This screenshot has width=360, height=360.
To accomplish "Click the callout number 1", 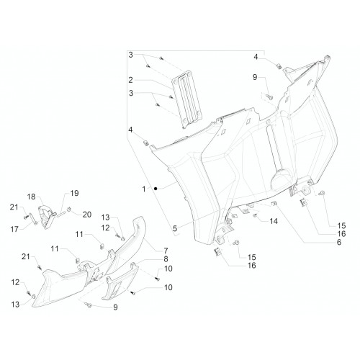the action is point(144,189).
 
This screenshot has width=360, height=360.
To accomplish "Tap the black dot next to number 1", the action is point(156,189).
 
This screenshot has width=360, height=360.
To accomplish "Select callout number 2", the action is point(130,80).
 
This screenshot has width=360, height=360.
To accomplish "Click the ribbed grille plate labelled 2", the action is point(186,99).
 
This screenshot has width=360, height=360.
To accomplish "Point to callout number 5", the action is point(175,228).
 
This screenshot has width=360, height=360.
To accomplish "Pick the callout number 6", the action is point(339,242).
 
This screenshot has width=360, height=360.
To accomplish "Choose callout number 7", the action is point(166,251).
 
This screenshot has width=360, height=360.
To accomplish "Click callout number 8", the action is point(166,259).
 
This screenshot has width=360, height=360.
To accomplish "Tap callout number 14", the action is point(274,221).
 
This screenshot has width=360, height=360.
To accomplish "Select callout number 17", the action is point(14,229).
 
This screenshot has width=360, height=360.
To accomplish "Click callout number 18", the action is point(31,197).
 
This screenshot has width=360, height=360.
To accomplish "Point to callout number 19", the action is point(74,193).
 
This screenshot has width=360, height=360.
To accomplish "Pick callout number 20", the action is point(87,215).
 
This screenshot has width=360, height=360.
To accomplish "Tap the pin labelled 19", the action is point(61,214).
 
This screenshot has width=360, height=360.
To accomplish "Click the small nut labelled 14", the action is point(255,215).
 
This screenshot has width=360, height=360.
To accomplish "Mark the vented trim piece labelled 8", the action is point(120,281).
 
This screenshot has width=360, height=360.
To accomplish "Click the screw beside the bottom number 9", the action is point(89,305).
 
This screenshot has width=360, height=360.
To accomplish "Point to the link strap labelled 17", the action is point(33,219).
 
